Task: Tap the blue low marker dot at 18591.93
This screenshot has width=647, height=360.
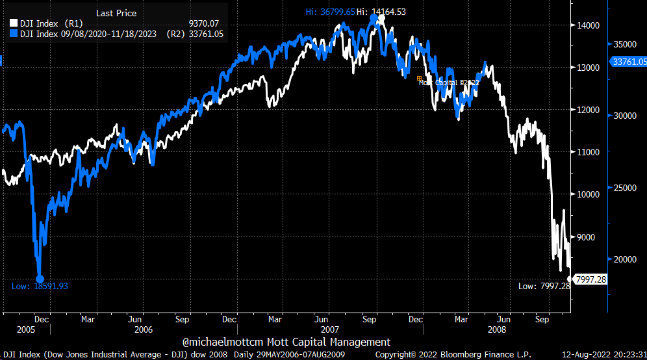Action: tap(40, 278)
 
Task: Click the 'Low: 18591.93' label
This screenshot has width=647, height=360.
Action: tap(40, 286)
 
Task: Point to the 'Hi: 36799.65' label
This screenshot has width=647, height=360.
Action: tap(331, 12)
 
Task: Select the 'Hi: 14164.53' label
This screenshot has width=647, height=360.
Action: tap(381, 12)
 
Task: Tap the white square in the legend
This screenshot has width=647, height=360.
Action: tap(13, 24)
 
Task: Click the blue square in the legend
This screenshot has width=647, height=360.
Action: tap(13, 34)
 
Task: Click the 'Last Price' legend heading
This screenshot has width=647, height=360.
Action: tap(116, 12)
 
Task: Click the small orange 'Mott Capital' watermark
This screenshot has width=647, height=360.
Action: tap(448, 83)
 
